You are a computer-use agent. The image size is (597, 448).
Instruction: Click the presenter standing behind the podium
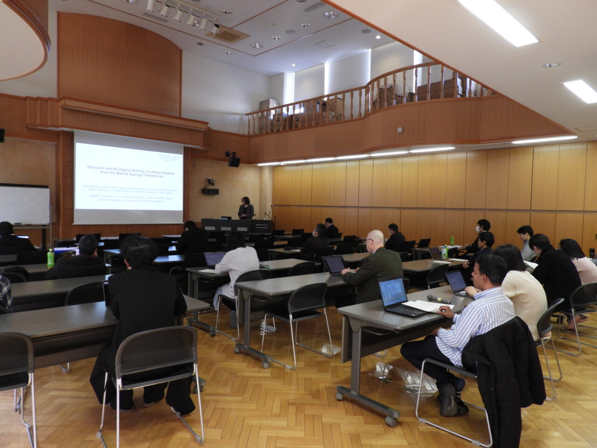[245, 210]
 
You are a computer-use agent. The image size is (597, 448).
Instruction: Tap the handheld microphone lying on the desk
[439, 299]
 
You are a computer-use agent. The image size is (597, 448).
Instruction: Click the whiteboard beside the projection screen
[24, 204]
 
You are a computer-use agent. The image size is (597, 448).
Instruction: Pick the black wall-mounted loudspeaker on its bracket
[234, 161]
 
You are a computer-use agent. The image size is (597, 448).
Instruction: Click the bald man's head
[375, 239]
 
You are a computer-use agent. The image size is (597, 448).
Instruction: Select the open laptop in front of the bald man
[334, 266]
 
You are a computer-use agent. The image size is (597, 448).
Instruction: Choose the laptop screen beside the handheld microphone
[392, 293]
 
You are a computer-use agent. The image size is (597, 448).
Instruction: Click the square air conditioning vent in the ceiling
[228, 34]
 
